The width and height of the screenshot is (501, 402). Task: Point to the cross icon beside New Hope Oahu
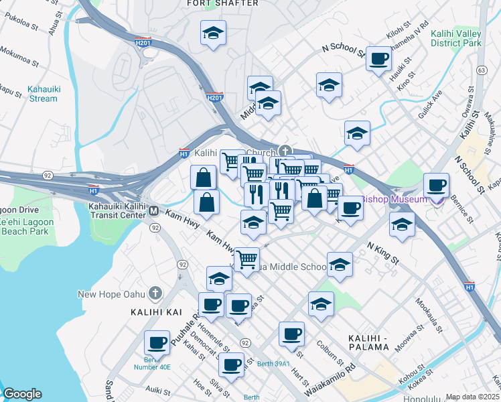[x=155, y=293]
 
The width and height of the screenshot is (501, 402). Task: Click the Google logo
[x=22, y=394]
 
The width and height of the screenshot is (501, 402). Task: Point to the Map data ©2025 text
[x=472, y=397]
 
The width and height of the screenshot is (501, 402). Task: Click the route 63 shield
[x=481, y=70]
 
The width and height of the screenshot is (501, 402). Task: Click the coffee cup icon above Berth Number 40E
[x=157, y=342]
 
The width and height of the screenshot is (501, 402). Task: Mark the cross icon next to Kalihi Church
[x=285, y=151]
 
